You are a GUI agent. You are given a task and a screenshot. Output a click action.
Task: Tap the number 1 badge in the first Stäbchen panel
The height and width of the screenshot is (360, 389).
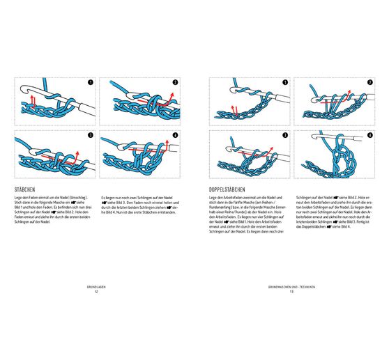point(90,83)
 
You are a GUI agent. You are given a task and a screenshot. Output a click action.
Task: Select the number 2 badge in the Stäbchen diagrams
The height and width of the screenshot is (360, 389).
point(176,83)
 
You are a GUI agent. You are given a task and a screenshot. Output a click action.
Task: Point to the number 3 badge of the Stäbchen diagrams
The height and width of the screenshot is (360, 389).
point(90,134)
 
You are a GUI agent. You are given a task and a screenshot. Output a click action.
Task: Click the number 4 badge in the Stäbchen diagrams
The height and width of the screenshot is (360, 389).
point(176,134)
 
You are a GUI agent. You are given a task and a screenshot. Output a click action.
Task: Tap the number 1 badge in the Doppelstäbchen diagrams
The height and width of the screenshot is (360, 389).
point(284,83)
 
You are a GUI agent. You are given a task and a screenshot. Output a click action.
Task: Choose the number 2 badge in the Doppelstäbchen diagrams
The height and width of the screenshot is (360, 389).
point(369,83)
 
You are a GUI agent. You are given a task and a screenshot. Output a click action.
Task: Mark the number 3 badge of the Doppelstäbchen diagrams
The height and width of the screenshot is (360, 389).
point(284,134)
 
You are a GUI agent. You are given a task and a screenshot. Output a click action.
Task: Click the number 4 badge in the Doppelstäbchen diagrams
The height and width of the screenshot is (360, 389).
point(369,134)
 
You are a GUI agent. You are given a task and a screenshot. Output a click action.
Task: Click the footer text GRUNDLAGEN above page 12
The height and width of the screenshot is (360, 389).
point(96,287)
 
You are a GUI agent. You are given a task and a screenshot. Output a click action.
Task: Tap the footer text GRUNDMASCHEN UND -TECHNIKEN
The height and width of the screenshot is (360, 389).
point(291,287)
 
